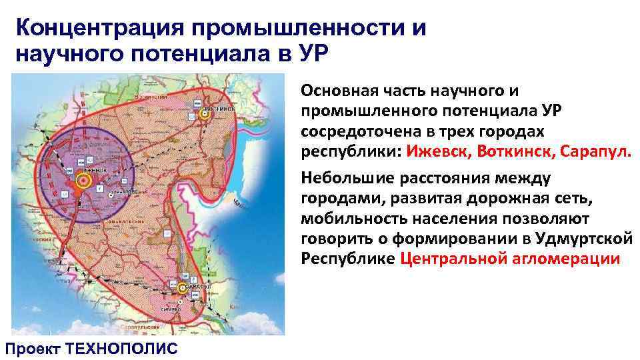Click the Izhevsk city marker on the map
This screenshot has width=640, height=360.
tap(84, 180)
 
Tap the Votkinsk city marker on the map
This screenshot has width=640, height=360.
tap(205, 114)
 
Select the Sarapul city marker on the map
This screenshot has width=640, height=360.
tap(183, 288)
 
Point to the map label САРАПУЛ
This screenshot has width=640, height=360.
tap(195, 285)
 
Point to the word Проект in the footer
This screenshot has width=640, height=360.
tap(33, 347)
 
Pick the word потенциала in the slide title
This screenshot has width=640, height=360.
tap(194, 53)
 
